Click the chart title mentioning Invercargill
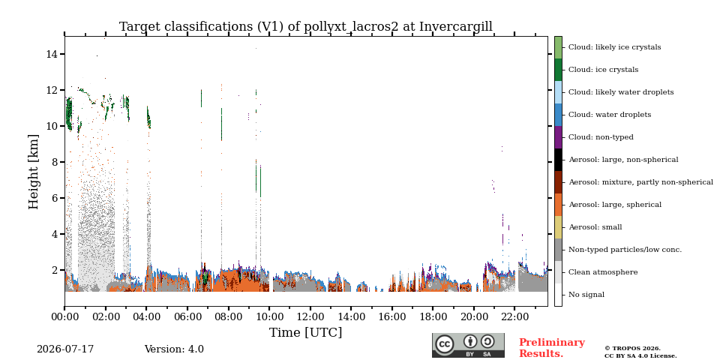click(x=306, y=27)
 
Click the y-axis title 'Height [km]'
click(x=34, y=172)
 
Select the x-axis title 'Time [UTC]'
click(x=306, y=332)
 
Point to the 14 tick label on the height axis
click(x=52, y=54)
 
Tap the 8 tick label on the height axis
click(x=55, y=162)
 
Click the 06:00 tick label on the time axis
click(x=187, y=316)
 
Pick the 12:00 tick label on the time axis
click(x=310, y=316)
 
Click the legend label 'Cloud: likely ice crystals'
click(x=615, y=47)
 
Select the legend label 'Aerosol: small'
click(x=595, y=227)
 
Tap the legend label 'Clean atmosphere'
click(x=603, y=272)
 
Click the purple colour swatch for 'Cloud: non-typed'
click(x=558, y=137)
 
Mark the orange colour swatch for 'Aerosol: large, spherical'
click(x=558, y=205)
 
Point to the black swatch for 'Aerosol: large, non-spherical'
click(x=558, y=160)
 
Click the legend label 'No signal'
click(x=586, y=295)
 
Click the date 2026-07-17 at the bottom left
click(x=65, y=349)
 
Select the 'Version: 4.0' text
click(x=174, y=349)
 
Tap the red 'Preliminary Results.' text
click(x=552, y=347)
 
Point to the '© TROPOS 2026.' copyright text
click(x=632, y=349)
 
